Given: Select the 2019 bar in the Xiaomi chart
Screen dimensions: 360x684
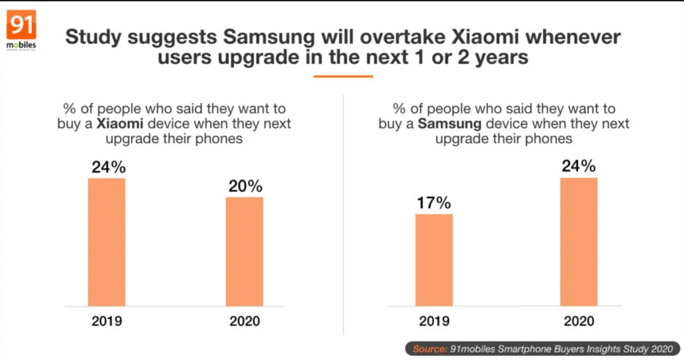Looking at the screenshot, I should [107, 242].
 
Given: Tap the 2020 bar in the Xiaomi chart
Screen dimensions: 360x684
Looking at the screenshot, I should [245, 252].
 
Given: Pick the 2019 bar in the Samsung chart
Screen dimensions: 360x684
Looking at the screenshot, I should [434, 260].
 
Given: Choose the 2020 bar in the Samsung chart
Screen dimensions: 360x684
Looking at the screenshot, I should [579, 242].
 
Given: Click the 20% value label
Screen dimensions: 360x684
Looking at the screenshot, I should [245, 186].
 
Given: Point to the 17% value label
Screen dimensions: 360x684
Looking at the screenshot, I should [434, 203].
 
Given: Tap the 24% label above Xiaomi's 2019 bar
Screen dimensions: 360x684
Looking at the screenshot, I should [108, 167].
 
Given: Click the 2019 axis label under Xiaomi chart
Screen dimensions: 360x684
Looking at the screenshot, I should [107, 321].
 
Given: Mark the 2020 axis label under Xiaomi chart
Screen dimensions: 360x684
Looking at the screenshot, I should [245, 321].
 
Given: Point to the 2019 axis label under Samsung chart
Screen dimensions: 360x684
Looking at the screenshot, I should [434, 321].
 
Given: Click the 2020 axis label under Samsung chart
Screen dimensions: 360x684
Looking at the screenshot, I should [579, 321].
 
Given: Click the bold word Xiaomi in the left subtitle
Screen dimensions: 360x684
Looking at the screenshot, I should [120, 123].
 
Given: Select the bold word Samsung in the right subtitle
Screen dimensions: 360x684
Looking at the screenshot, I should [450, 123].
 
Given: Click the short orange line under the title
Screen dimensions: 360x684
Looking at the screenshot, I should [343, 77].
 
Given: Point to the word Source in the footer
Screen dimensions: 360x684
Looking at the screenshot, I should [429, 349].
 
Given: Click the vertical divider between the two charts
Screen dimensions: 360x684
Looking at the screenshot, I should [344, 216].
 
